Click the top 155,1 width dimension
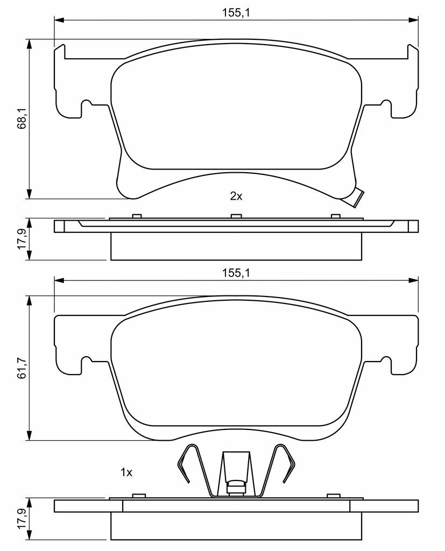(236, 13)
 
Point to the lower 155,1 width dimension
(236, 273)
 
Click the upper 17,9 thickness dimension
(22, 239)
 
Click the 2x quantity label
(236, 196)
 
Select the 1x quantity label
(126, 472)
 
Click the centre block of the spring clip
(236, 488)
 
